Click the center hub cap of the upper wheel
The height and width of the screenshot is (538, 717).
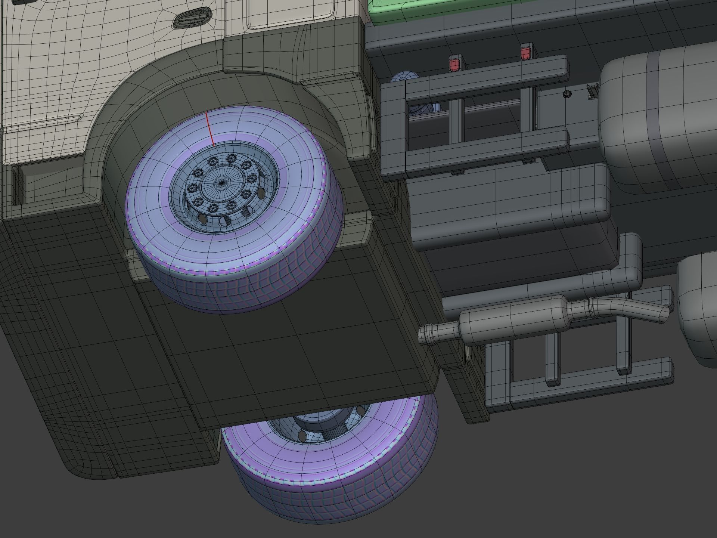pos(221,183)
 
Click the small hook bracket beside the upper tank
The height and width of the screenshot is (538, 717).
pos(592,92)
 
